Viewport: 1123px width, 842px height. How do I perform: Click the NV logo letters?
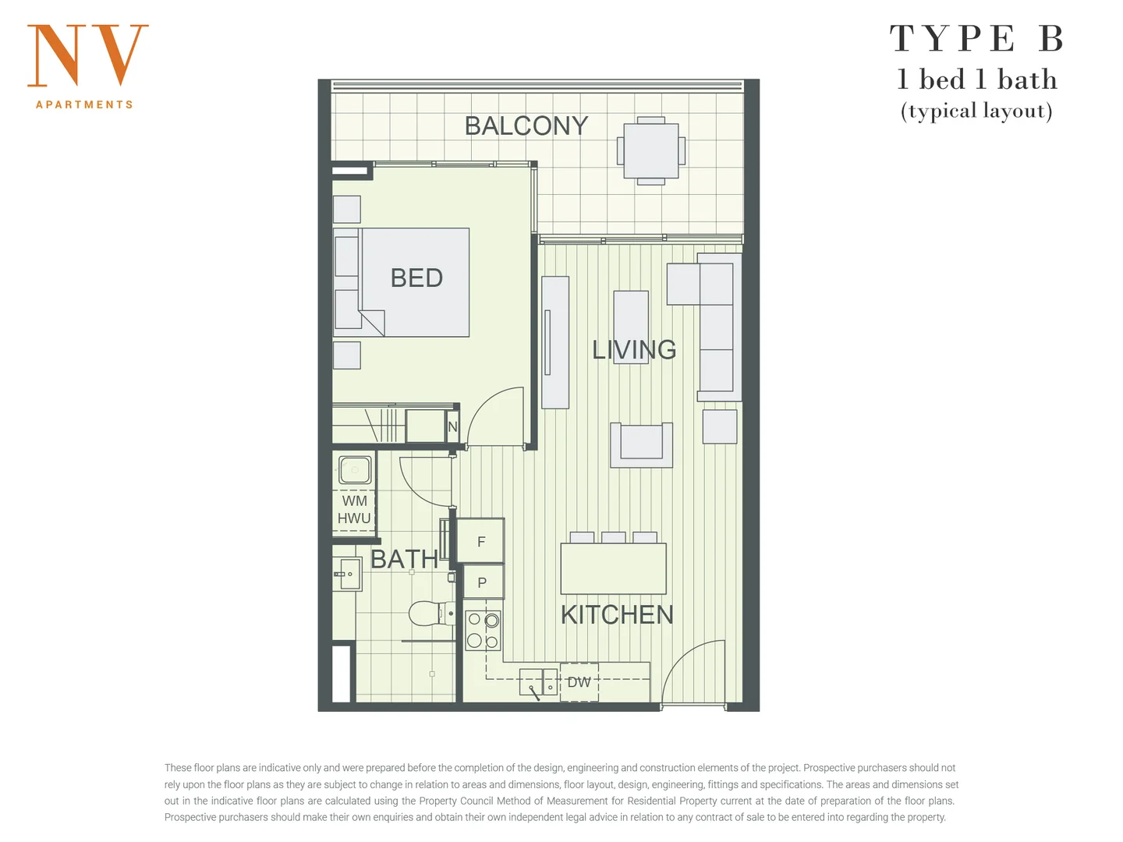(x=87, y=55)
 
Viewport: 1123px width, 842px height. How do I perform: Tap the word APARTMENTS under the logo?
(x=84, y=104)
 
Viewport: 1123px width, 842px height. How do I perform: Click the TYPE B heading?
(x=976, y=39)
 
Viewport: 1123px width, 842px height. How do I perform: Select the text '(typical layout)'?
(x=976, y=111)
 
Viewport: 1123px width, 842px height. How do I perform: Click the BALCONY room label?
(x=526, y=126)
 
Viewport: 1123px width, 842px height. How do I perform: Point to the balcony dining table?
(x=650, y=150)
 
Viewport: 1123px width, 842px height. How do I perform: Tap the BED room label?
(x=416, y=278)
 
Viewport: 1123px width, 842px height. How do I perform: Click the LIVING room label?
(x=633, y=350)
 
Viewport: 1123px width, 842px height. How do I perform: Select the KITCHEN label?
(x=617, y=615)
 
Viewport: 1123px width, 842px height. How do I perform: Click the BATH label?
(x=404, y=559)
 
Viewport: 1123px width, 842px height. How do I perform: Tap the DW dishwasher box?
(x=579, y=682)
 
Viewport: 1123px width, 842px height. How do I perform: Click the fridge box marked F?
(x=480, y=541)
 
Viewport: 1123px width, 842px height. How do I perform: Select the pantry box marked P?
(x=482, y=582)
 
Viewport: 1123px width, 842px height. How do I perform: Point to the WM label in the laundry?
(x=354, y=501)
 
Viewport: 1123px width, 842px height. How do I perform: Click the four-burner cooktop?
(x=483, y=631)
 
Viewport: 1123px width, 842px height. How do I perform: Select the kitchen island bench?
(x=613, y=568)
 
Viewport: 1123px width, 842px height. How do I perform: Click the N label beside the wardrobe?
(x=452, y=426)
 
